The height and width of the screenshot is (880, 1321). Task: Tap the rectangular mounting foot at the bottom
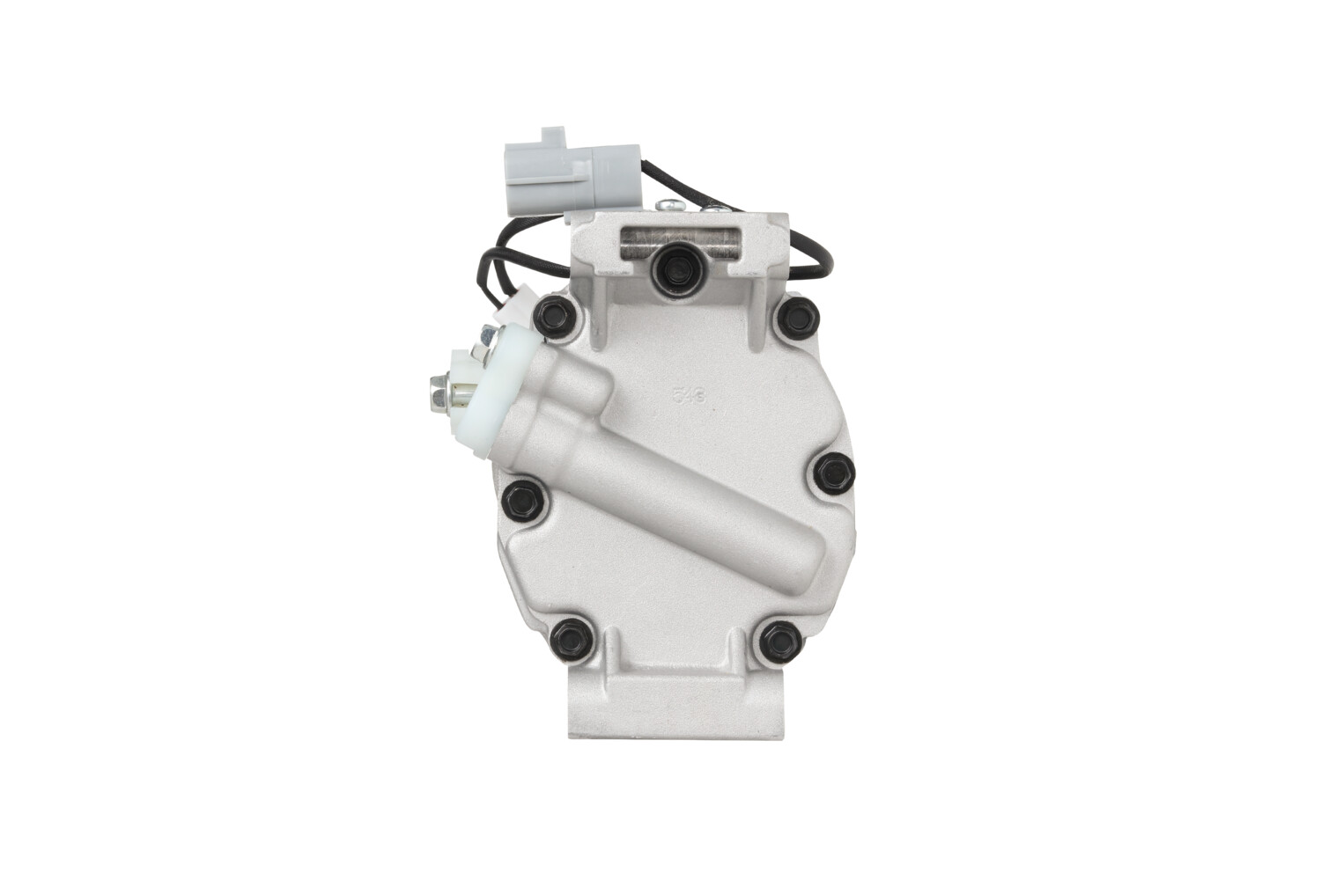coord(675,708)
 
